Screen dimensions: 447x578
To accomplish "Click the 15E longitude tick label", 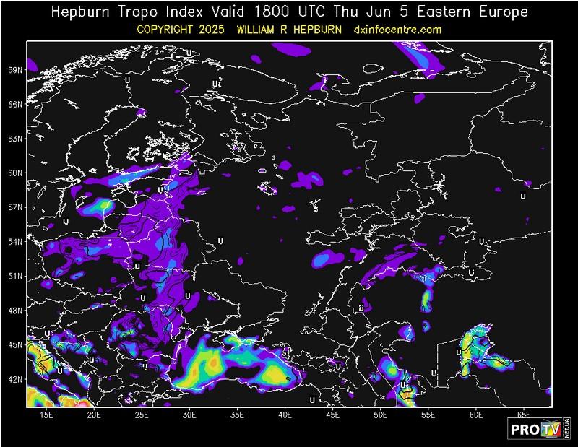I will pyautogui.click(x=46, y=416).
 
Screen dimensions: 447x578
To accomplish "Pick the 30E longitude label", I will pyautogui.click(x=189, y=416).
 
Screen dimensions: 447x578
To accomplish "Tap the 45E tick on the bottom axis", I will pyautogui.click(x=333, y=416).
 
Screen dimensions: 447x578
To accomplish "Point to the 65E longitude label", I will pyautogui.click(x=524, y=416).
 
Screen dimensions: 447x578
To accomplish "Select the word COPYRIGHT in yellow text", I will pyautogui.click(x=171, y=30).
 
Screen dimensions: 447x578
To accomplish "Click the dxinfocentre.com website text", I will pyautogui.click(x=397, y=30).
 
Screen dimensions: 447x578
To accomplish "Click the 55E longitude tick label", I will pyautogui.click(x=428, y=416).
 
